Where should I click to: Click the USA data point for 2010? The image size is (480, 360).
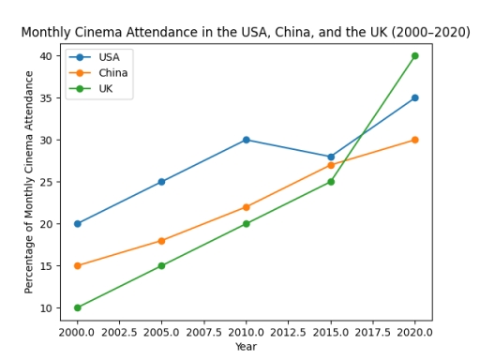(x=246, y=140)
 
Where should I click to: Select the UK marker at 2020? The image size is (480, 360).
(x=414, y=56)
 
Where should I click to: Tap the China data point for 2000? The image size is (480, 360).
(x=77, y=265)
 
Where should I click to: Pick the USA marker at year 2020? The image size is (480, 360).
(x=414, y=97)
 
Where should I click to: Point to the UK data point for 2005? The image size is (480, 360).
(x=161, y=265)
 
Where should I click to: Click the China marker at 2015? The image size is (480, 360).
(x=330, y=165)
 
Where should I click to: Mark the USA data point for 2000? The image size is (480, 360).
(x=77, y=224)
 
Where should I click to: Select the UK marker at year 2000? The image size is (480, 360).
(x=77, y=307)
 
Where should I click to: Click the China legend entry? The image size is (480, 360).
(x=112, y=73)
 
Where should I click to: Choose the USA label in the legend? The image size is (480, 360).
(x=109, y=57)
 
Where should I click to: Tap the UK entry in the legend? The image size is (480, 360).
(x=106, y=88)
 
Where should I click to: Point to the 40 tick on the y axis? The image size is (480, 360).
(x=45, y=56)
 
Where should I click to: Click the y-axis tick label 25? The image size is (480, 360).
(x=45, y=182)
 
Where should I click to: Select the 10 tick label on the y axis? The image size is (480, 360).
(x=45, y=307)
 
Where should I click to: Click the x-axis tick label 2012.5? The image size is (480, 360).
(x=288, y=332)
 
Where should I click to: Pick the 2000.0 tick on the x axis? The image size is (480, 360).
(x=77, y=332)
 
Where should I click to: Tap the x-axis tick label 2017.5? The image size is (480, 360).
(x=372, y=332)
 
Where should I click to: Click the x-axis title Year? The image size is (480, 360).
(x=246, y=347)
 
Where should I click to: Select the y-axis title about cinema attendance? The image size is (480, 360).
(x=29, y=181)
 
